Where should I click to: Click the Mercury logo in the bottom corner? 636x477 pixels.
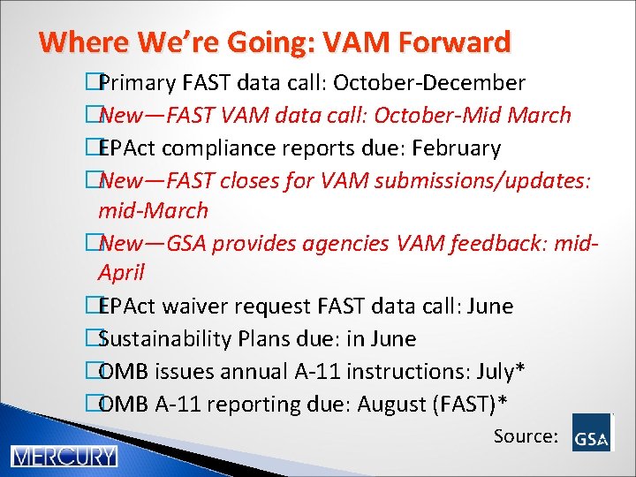coord(64,457)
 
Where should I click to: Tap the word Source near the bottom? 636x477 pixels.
coord(525,435)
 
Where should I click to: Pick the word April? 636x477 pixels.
coord(121,273)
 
